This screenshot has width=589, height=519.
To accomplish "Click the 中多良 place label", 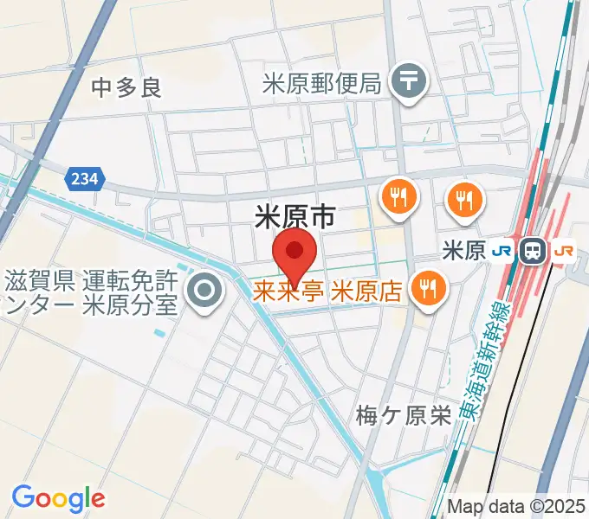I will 126,86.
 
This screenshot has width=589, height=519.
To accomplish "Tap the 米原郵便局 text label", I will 321,83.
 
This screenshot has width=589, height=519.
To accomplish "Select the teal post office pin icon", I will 405,83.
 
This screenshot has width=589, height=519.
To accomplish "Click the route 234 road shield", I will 84,179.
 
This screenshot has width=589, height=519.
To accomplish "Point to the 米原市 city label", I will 294,217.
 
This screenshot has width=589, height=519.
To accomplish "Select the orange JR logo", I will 564,252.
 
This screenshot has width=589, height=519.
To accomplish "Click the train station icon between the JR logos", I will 534,252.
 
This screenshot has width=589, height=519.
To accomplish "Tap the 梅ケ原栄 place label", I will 404,416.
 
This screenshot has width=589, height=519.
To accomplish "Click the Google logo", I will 58,498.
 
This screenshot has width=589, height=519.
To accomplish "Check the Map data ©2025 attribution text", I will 517,506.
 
